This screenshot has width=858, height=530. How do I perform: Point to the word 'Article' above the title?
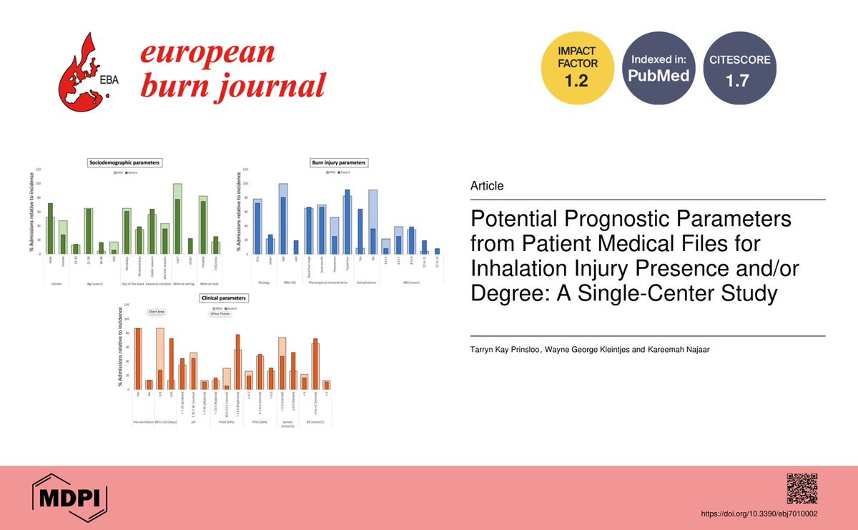point(486,186)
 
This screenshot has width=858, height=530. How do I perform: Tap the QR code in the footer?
point(802,489)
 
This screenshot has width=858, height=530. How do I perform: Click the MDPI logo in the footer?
point(70,494)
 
